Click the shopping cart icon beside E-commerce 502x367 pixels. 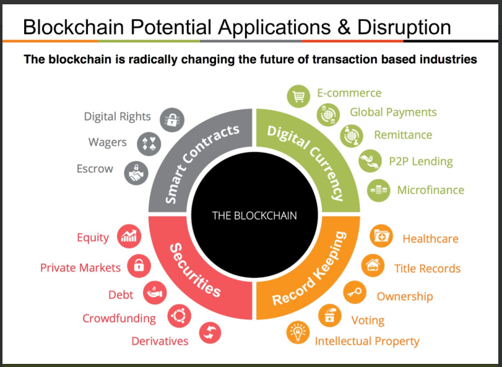(x=298, y=96)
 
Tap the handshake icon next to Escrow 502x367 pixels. (x=136, y=173)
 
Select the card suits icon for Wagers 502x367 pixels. (x=149, y=144)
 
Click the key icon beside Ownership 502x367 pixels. (x=355, y=292)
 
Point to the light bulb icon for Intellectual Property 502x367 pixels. (x=298, y=333)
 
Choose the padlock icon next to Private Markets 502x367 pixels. (x=139, y=266)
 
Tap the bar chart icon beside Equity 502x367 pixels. (x=129, y=236)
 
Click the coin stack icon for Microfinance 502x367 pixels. (x=379, y=190)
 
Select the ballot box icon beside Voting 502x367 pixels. (x=330, y=316)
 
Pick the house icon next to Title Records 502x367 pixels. (x=373, y=266)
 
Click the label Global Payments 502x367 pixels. (x=393, y=112)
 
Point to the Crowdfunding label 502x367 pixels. (x=119, y=318)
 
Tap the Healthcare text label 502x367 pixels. (x=431, y=239)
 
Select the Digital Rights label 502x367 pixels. (x=117, y=117)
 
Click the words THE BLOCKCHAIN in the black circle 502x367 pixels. (x=254, y=216)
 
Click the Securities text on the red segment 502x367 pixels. (x=194, y=271)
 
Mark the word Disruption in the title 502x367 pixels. (x=404, y=27)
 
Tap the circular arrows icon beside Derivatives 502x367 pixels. (x=210, y=333)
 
